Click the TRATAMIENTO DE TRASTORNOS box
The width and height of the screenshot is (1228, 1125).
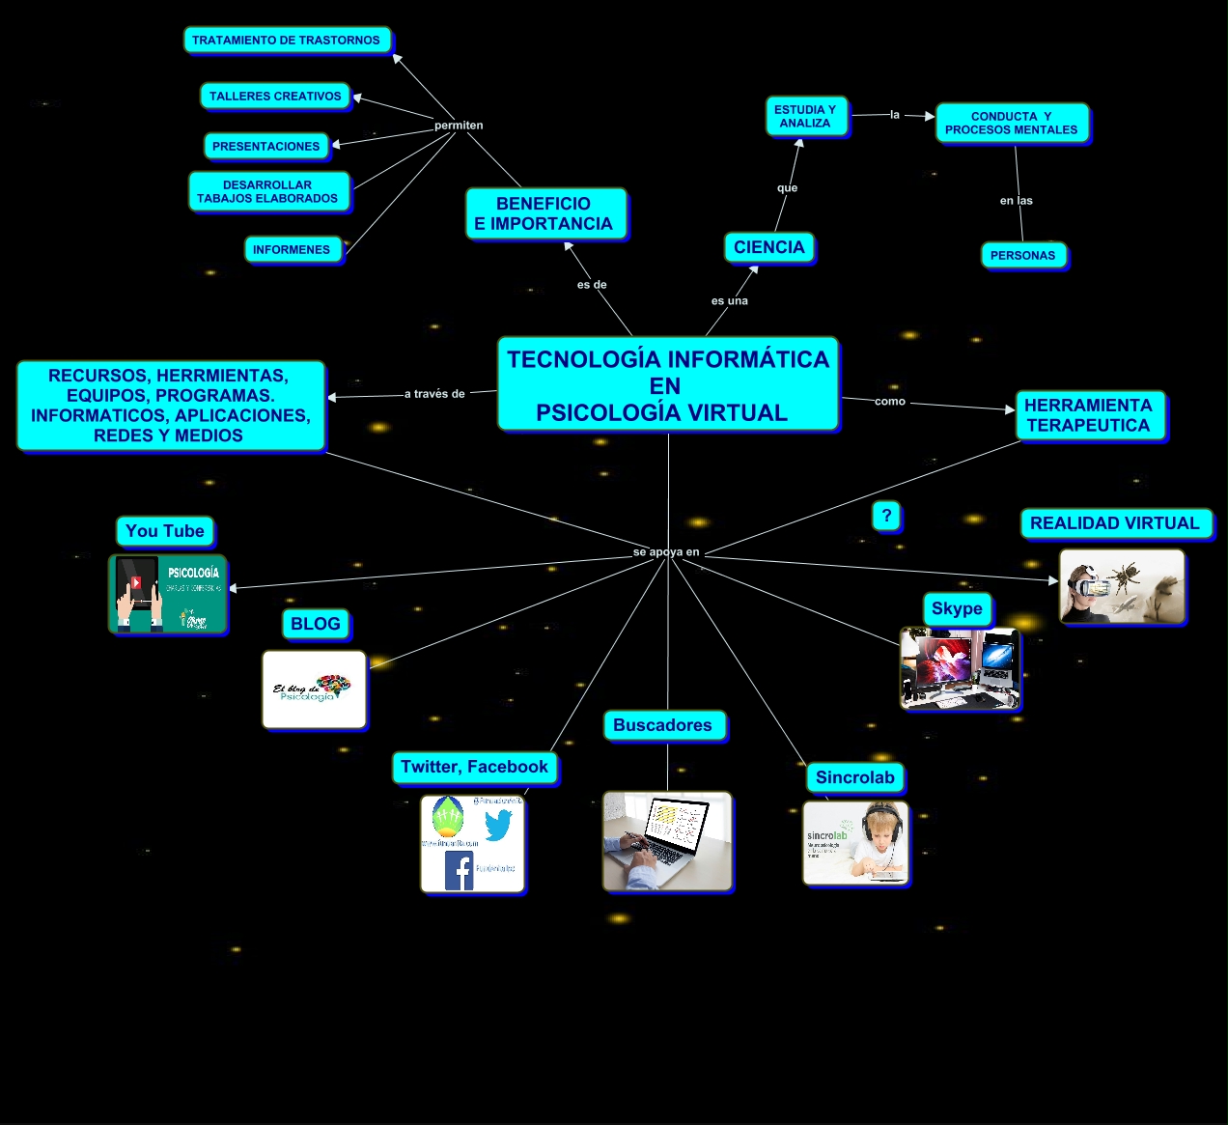[x=287, y=40]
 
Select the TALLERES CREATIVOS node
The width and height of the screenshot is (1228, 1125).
[x=275, y=96]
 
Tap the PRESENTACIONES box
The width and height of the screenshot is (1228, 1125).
[x=265, y=146]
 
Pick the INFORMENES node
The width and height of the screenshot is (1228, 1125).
[x=292, y=249]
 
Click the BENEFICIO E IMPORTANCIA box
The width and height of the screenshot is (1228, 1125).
[x=544, y=213]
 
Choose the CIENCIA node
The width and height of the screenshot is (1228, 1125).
[x=768, y=247]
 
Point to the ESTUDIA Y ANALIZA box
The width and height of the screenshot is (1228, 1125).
[x=805, y=116]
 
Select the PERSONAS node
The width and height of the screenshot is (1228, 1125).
[x=1022, y=255]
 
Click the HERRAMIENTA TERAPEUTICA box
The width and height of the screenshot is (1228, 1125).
[x=1089, y=415]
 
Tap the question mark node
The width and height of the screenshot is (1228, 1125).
[x=886, y=515]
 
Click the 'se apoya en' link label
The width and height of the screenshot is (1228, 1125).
[x=666, y=552]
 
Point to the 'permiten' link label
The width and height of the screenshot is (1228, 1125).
[x=459, y=126]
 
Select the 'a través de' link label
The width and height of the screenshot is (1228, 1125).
[x=434, y=394]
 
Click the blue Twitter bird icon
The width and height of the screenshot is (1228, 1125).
[x=498, y=826]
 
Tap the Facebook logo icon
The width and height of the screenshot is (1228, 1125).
[x=459, y=870]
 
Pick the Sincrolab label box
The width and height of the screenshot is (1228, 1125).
[x=855, y=777]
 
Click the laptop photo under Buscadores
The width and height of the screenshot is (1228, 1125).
[x=667, y=841]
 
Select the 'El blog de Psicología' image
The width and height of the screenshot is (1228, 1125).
[x=314, y=689]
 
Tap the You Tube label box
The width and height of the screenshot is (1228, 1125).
[x=165, y=531]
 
